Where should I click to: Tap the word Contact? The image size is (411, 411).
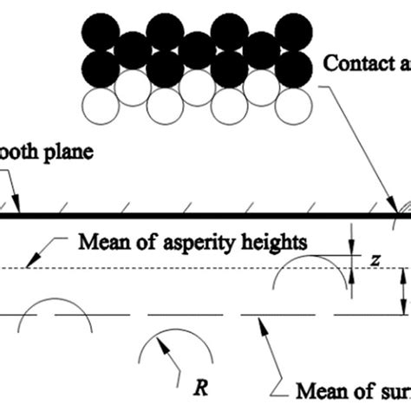click(x=351, y=62)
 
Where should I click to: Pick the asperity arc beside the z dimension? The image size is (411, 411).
click(x=307, y=273)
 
